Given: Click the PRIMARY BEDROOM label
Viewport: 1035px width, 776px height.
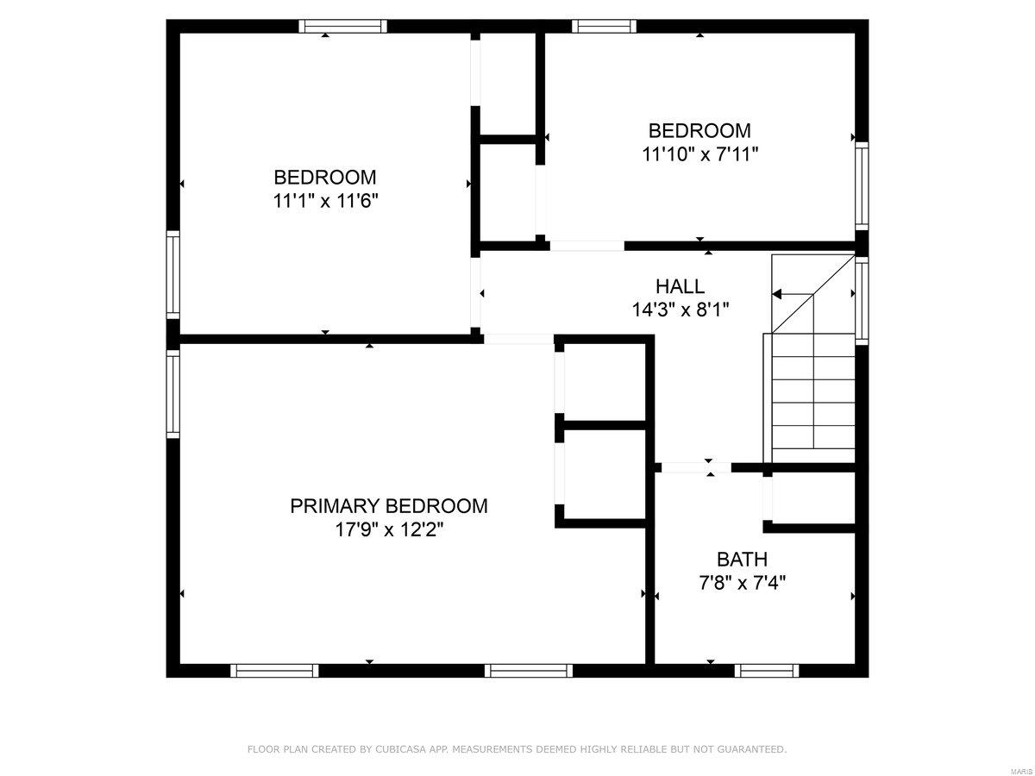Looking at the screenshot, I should [388, 506].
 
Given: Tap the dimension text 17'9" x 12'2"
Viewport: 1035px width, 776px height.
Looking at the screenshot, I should [388, 529].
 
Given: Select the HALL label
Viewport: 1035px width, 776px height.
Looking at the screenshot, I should [680, 286].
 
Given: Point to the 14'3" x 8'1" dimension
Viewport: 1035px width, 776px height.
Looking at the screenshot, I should [680, 310].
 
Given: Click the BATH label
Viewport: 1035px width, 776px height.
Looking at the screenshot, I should [742, 559].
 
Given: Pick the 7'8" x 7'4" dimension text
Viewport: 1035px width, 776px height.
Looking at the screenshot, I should [742, 582].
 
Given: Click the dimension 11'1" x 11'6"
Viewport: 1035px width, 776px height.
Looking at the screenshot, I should [325, 200].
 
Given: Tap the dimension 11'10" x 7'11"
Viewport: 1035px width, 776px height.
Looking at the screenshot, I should [699, 153].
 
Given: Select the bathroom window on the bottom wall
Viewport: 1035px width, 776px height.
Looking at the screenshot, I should [767, 670].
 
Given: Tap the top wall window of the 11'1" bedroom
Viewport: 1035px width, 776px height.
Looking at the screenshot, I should [342, 26].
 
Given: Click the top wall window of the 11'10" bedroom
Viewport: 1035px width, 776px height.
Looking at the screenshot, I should [604, 26].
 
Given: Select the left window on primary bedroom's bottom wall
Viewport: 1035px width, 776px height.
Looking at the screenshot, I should [275, 670].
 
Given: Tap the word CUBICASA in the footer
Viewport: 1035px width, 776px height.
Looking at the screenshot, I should [397, 750].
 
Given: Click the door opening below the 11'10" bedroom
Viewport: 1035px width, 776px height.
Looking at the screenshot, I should [586, 246].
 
